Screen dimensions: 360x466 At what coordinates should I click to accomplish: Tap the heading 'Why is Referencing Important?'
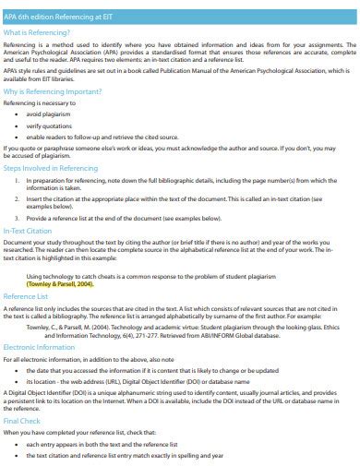(x=52, y=92)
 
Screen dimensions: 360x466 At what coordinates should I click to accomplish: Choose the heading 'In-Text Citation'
(x=29, y=230)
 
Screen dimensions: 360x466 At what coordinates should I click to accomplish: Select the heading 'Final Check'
(x=22, y=420)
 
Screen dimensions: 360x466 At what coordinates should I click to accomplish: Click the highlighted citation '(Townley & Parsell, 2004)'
(x=61, y=284)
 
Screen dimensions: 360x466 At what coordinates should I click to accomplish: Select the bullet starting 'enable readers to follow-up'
(x=102, y=136)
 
